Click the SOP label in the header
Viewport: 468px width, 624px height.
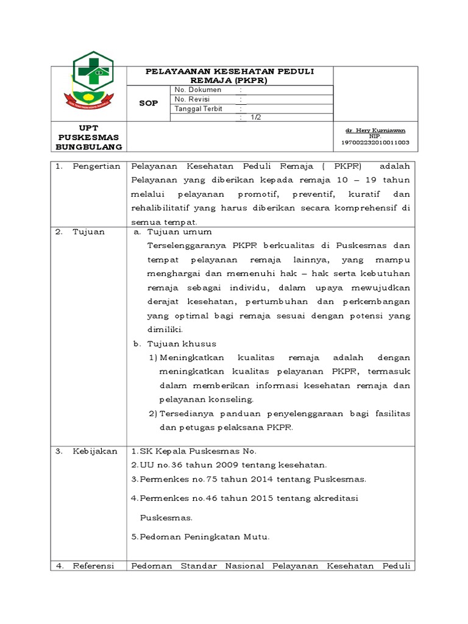click(x=149, y=103)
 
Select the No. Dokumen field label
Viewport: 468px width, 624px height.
click(x=197, y=90)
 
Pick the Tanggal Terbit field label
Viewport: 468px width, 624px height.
click(x=199, y=109)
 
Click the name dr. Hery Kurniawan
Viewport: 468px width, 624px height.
click(x=375, y=130)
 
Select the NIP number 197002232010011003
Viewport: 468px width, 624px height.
click(x=375, y=142)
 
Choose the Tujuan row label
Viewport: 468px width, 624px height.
click(x=88, y=232)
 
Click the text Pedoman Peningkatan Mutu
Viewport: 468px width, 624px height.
click(x=205, y=537)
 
